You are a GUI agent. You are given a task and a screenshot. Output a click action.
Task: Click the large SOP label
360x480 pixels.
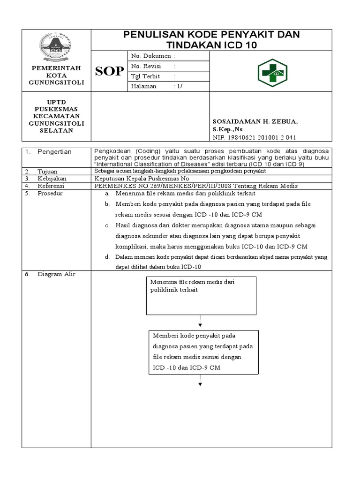pos(110,72)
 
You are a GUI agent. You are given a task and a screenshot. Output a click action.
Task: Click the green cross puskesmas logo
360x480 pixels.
pos(272,73)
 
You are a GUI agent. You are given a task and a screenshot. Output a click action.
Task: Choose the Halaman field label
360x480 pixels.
pos(144,87)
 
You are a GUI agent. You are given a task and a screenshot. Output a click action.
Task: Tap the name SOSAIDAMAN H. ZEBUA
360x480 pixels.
pos(255,121)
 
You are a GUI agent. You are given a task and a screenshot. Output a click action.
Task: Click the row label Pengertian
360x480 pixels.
pos(55,152)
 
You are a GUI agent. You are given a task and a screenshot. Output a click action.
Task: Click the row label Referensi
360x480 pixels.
pos(52,186)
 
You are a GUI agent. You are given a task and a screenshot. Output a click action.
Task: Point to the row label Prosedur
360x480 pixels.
pos(51,193)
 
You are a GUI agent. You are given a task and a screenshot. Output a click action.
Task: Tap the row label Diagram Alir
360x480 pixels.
pos(56,275)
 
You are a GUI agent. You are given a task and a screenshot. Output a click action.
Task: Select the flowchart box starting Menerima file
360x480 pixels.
pos(202,295)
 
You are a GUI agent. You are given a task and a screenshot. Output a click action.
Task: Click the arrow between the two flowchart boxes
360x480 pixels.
pos(200,324)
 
